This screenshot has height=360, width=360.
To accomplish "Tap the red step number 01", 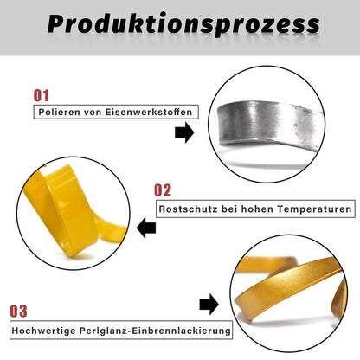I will (x=42, y=95).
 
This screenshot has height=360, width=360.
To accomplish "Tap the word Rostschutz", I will (x=185, y=209).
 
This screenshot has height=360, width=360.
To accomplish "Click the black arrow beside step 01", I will (x=183, y=132).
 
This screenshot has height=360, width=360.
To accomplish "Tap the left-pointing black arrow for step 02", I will (x=146, y=228).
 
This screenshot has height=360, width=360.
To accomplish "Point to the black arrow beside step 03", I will (x=208, y=305).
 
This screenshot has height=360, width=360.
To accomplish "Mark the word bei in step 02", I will (x=226, y=209).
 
